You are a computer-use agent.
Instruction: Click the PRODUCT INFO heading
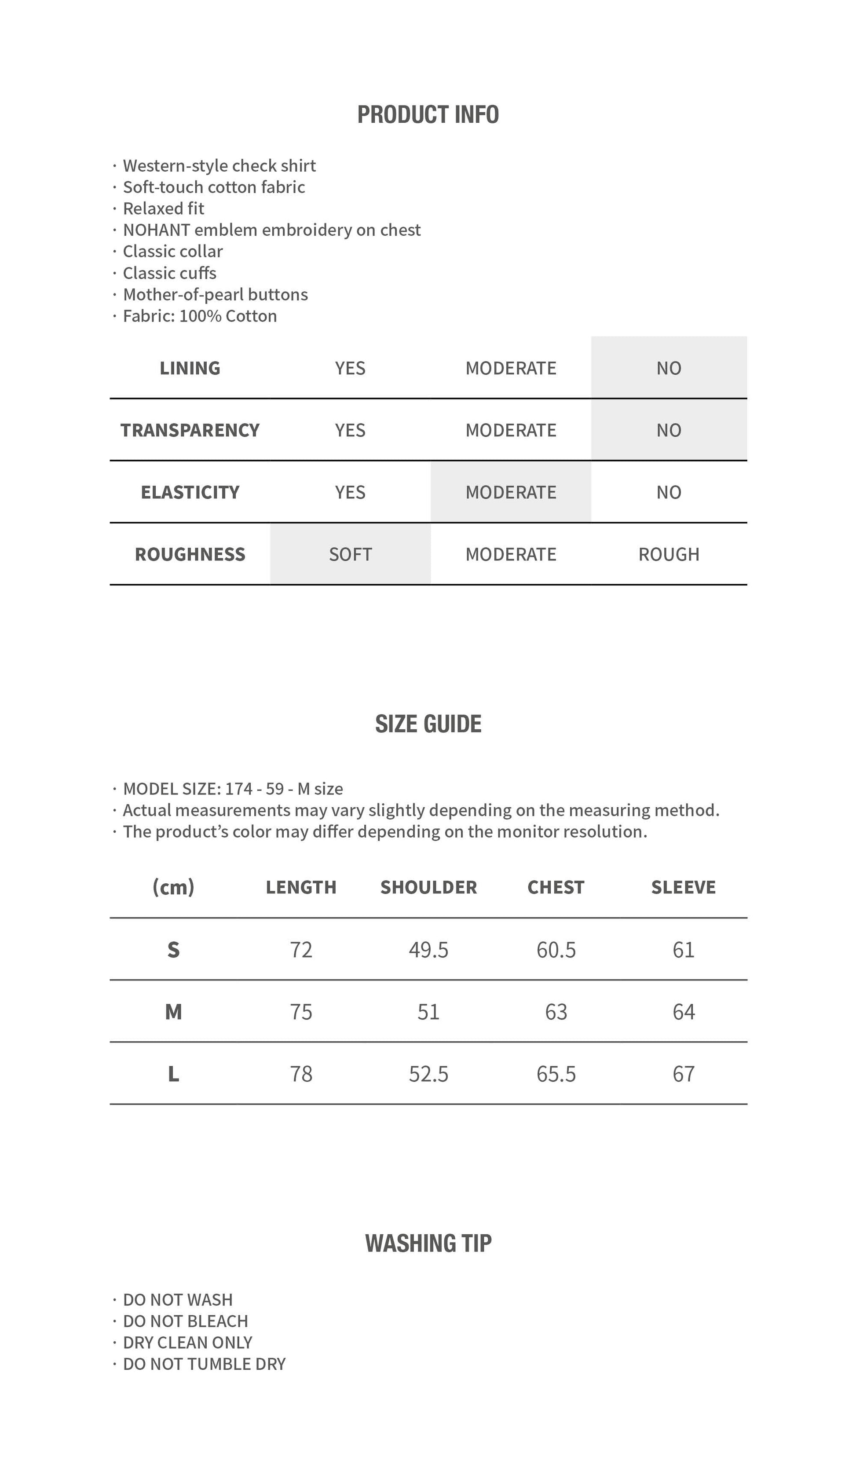point(428,115)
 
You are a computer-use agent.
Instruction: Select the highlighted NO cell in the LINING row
point(669,368)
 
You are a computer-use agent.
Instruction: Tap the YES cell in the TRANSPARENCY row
point(350,430)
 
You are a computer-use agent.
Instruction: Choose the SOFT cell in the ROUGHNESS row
point(350,554)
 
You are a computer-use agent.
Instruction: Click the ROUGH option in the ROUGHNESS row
point(669,554)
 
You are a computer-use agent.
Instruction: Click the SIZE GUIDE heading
point(428,724)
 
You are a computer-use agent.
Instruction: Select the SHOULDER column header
point(428,887)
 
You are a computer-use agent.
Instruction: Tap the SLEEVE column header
point(683,887)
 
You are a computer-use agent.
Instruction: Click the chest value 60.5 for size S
point(556,950)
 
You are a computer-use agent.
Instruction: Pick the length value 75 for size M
point(301,1012)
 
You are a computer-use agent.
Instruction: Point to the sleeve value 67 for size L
point(684,1074)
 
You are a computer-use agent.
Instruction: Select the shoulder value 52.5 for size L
point(428,1074)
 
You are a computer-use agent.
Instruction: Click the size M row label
point(173,1012)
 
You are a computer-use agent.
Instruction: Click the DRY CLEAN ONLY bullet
point(187,1343)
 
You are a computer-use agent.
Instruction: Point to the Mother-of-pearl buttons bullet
point(216,295)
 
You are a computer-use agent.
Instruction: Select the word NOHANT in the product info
point(156,230)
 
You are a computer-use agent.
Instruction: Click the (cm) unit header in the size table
point(173,887)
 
